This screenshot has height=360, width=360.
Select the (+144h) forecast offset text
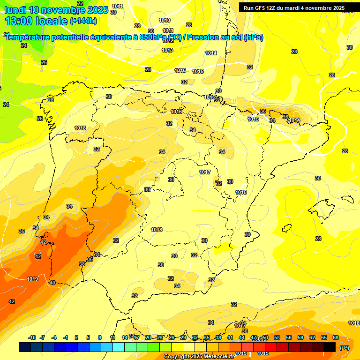83,21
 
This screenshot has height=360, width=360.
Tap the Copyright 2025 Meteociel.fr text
199,357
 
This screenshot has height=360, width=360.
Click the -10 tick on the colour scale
32,337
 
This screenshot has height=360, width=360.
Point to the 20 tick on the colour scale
148,337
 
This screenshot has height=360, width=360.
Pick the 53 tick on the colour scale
277,337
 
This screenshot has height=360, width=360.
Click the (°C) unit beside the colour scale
344,348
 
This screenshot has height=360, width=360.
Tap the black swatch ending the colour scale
330,347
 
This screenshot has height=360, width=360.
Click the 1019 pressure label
32,279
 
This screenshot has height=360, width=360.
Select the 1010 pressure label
165,20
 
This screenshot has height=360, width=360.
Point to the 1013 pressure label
167,50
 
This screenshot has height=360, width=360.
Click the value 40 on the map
52,283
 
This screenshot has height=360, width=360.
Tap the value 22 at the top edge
80,3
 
